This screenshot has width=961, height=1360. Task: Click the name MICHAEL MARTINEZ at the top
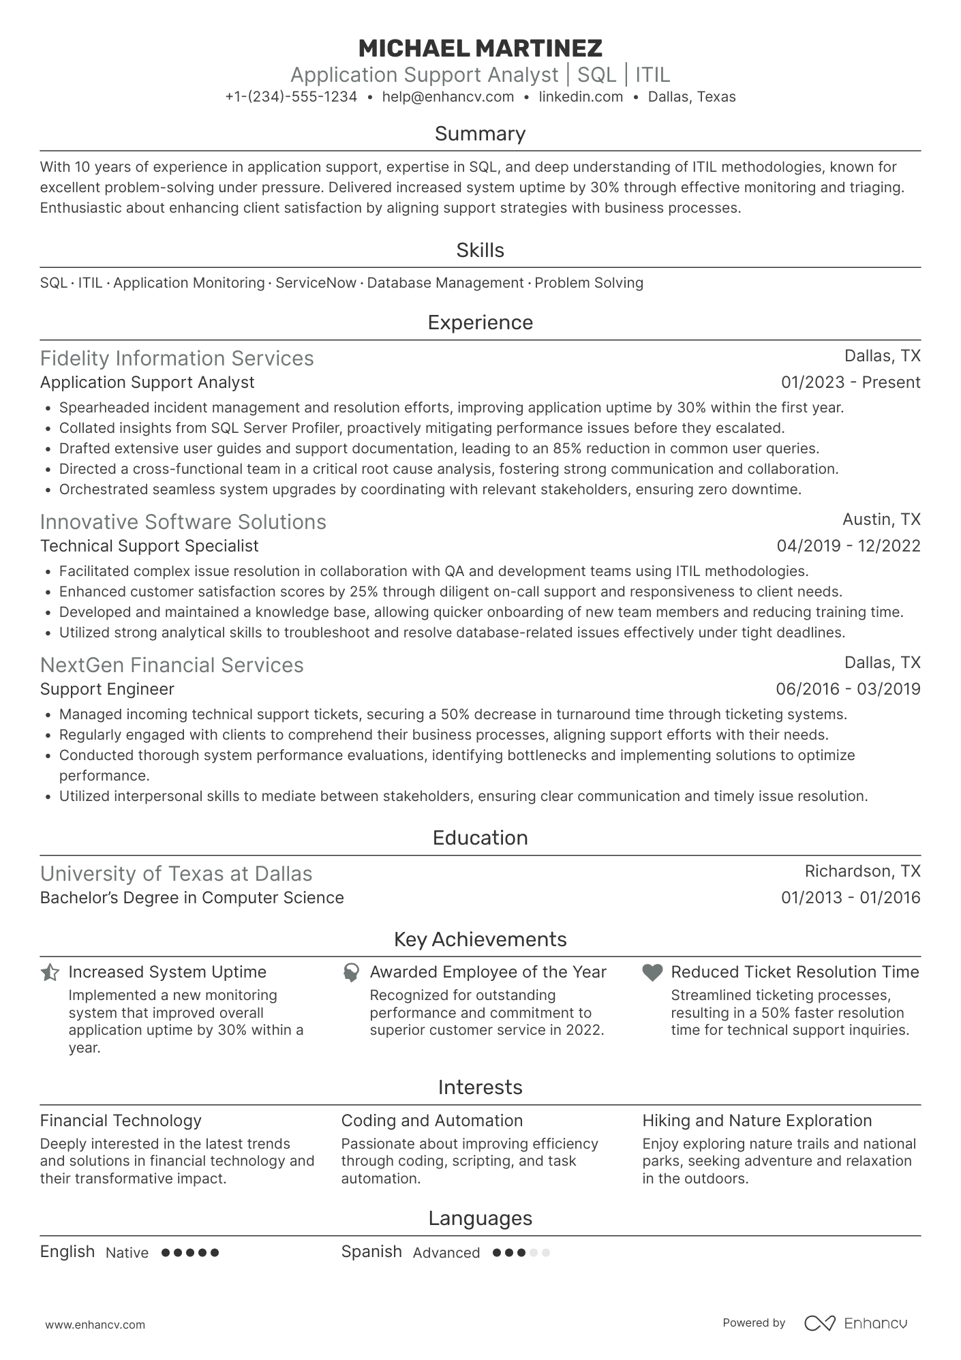(480, 48)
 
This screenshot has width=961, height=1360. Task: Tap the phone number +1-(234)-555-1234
(291, 97)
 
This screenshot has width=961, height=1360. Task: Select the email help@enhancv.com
(448, 97)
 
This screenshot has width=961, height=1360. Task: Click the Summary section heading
(480, 134)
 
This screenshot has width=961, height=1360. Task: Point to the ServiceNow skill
(316, 283)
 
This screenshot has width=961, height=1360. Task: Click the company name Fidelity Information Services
(177, 359)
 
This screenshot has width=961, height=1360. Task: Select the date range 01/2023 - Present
(850, 382)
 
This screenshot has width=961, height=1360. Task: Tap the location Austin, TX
(881, 519)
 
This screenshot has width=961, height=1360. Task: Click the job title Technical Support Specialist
(149, 546)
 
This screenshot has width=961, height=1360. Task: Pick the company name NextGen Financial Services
(172, 665)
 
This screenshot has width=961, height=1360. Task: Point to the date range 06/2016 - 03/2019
(847, 689)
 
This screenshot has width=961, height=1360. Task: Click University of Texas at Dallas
(176, 874)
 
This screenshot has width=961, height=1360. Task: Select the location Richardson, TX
(861, 871)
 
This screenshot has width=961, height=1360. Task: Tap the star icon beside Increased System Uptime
(50, 973)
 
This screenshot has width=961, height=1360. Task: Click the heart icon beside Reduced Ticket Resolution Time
(652, 973)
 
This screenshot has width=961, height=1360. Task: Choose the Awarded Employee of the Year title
(487, 972)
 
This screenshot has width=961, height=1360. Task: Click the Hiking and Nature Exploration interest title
(757, 1121)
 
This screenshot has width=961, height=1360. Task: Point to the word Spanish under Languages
(371, 1252)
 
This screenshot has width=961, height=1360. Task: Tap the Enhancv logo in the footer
(855, 1323)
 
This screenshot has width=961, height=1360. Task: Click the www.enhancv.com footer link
(95, 1325)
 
